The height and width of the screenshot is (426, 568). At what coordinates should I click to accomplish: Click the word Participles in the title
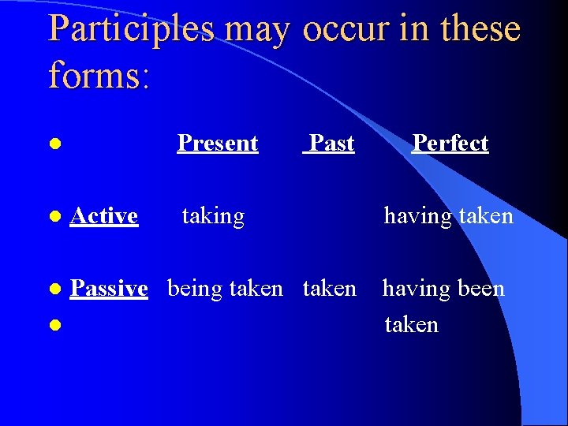(x=131, y=28)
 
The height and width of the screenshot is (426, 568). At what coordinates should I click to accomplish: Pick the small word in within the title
(x=416, y=28)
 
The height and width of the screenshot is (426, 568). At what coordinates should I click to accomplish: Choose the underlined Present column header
(x=218, y=143)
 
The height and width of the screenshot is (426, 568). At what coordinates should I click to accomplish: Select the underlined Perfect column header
(x=450, y=143)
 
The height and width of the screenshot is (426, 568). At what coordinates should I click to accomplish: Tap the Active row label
(x=104, y=215)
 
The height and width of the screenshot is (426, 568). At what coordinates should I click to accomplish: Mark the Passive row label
(x=109, y=289)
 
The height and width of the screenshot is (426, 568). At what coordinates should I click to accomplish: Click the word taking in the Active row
(x=213, y=216)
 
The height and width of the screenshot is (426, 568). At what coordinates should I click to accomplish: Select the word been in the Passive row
(x=476, y=289)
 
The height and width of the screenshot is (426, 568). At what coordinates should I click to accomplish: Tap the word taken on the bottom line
(x=411, y=325)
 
